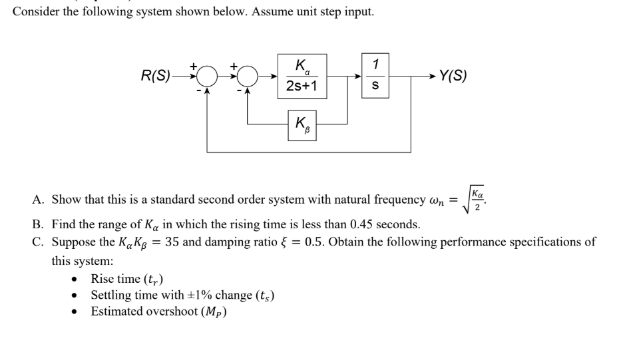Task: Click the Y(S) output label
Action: (x=452, y=75)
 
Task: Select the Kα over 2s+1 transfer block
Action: (x=301, y=75)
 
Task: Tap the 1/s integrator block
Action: (x=376, y=75)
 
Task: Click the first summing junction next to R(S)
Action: (x=206, y=77)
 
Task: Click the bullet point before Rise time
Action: (x=80, y=279)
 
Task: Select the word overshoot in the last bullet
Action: (x=172, y=311)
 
